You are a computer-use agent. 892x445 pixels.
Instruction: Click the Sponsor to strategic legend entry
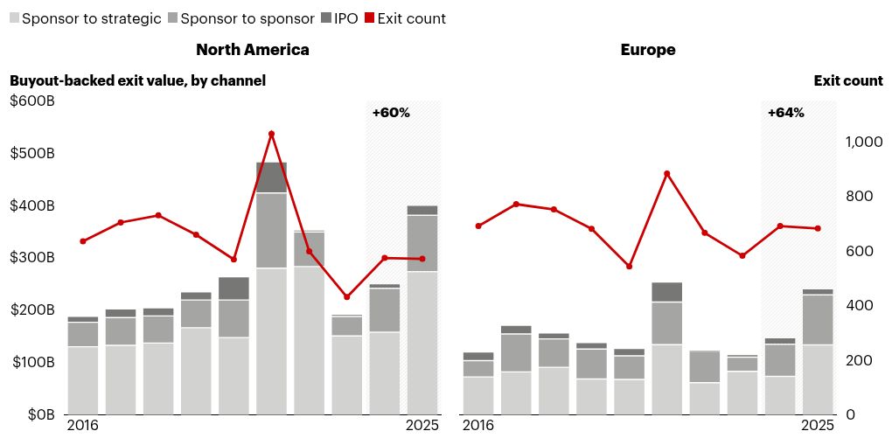pyautogui.click(x=85, y=18)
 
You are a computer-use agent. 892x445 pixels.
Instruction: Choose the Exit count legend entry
pyautogui.click(x=405, y=18)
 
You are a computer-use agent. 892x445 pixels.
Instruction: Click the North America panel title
pyautogui.click(x=252, y=50)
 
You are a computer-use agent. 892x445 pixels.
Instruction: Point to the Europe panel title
pyautogui.click(x=648, y=50)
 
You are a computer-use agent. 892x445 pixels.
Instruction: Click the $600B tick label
pyautogui.click(x=32, y=101)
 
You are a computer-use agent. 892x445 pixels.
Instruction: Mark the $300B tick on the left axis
pyautogui.click(x=32, y=258)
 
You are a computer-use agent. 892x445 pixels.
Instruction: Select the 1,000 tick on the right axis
pyautogui.click(x=863, y=142)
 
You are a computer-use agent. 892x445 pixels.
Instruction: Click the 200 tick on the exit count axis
pyautogui.click(x=858, y=360)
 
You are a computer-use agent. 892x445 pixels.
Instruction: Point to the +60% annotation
pyautogui.click(x=391, y=113)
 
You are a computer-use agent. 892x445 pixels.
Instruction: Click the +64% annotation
pyautogui.click(x=785, y=113)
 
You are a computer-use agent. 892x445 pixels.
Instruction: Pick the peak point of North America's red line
pyautogui.click(x=271, y=134)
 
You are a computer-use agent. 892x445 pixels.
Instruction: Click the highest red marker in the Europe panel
pyautogui.click(x=666, y=173)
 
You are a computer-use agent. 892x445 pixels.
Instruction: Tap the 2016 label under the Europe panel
pyautogui.click(x=477, y=426)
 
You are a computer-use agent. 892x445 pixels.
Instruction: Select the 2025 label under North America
pyautogui.click(x=422, y=426)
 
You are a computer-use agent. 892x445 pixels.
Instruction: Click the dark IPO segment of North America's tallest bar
pyautogui.click(x=271, y=177)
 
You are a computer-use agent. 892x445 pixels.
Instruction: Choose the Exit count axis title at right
pyautogui.click(x=848, y=80)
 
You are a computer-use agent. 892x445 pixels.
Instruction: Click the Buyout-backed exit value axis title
pyautogui.click(x=137, y=80)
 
